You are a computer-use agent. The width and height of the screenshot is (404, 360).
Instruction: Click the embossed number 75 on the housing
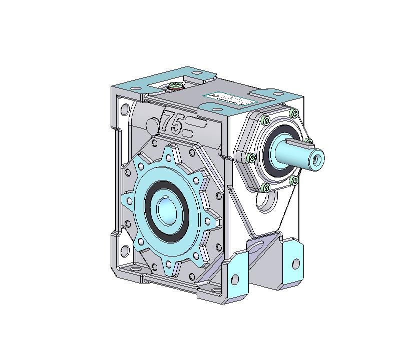tap(171, 123)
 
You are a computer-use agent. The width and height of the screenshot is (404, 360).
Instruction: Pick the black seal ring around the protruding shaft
tap(271, 158)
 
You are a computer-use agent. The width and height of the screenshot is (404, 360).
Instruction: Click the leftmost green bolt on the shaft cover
tap(252, 158)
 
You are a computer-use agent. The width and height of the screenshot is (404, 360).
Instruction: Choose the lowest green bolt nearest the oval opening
tap(265, 187)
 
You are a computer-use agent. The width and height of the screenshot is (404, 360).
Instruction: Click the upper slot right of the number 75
tap(196, 122)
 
